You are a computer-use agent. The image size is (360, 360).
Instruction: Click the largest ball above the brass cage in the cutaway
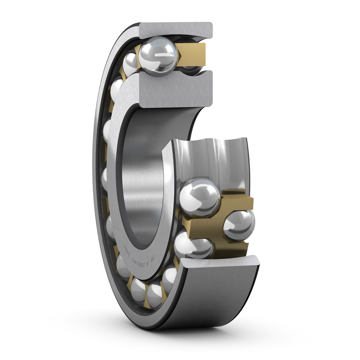(200, 197)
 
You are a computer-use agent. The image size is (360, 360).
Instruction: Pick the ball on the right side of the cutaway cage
(239, 225)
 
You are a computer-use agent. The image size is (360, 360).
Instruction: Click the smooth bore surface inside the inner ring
(139, 180)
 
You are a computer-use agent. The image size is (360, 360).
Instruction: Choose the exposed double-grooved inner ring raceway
(211, 157)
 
